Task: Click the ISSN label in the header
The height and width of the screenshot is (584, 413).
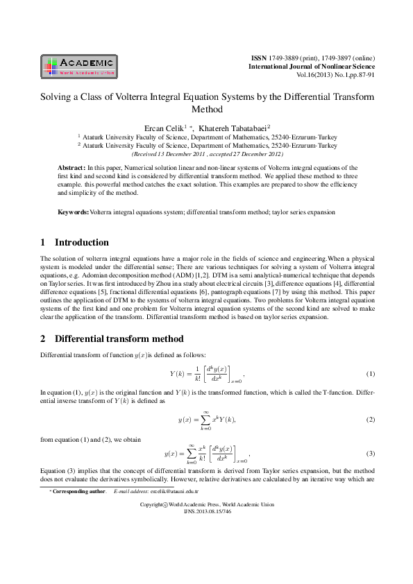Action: tap(258, 56)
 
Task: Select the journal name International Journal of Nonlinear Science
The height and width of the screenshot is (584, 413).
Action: tap(312, 65)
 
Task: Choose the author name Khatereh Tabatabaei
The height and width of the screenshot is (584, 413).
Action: tap(233, 128)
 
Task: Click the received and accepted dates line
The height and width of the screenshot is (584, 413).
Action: tap(206, 155)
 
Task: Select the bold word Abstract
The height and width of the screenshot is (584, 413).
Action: tap(71, 169)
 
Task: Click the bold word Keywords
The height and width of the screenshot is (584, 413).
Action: tap(73, 211)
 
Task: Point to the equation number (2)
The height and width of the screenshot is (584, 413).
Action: tap(370, 420)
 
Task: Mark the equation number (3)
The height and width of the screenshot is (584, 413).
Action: tap(370, 454)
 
